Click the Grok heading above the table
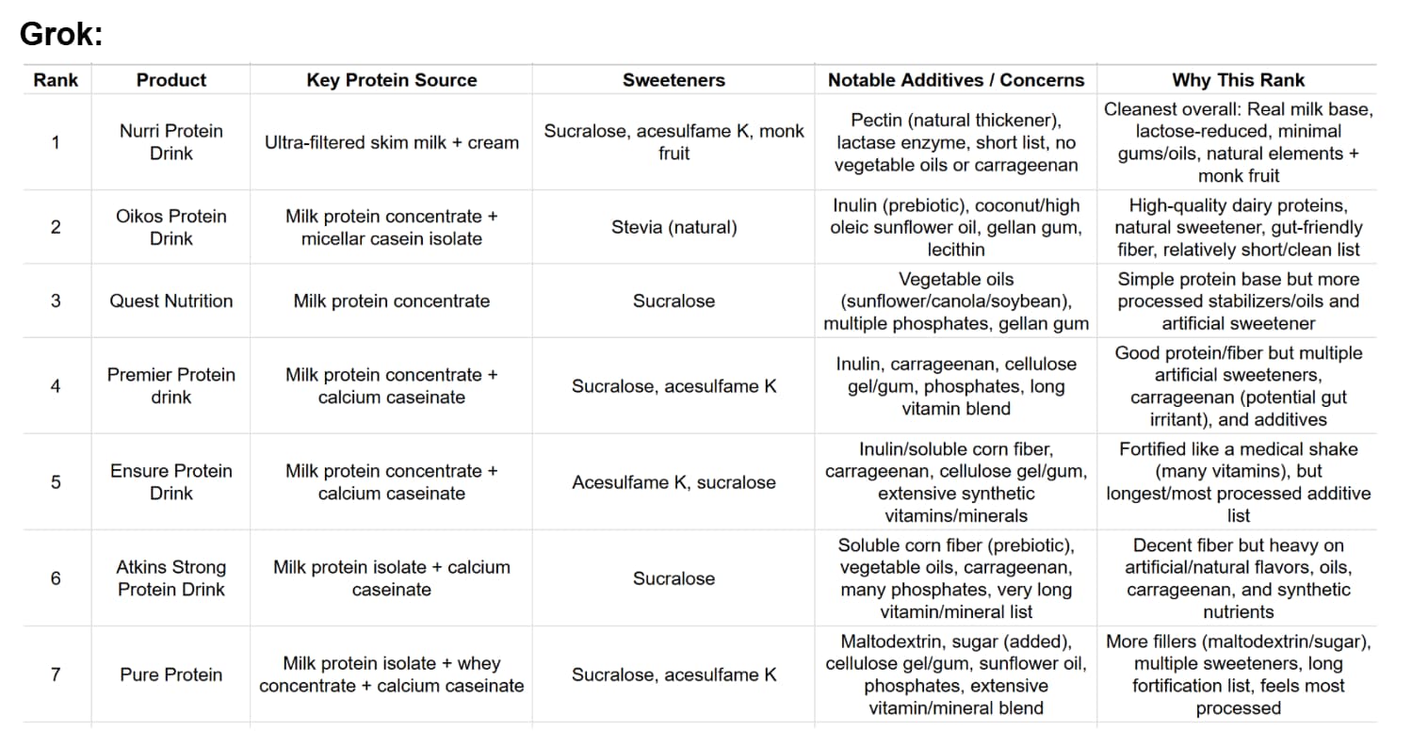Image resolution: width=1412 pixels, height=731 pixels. coord(61,35)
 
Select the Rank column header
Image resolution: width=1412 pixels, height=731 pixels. coord(56,80)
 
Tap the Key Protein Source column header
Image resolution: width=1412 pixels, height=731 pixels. coord(391,80)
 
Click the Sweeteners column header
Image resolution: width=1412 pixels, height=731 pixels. coord(674,80)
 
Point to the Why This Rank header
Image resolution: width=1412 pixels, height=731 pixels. coord(1238,80)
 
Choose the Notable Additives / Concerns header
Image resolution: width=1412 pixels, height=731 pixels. coord(956,80)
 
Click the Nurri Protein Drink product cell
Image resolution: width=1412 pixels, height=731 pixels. coord(170,142)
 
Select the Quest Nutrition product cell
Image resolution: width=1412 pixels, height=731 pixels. coord(170,301)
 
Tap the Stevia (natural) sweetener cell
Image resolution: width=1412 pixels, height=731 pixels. coord(674,227)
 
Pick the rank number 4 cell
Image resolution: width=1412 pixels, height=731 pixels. coord(56,385)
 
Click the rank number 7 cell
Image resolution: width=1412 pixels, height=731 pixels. coord(56,674)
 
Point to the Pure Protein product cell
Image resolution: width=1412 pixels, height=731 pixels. coord(170,674)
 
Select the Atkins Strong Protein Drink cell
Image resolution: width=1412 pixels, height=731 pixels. coord(170,578)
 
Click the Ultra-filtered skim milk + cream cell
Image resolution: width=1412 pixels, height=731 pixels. coord(391,142)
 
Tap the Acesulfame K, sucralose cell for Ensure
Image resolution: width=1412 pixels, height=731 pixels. coord(674,482)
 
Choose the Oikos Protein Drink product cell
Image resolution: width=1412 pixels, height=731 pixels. coord(170,227)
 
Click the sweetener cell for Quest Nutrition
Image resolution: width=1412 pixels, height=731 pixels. coord(674,301)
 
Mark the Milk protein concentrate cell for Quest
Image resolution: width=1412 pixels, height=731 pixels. coord(391,301)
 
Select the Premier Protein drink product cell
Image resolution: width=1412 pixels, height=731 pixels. coord(170,385)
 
